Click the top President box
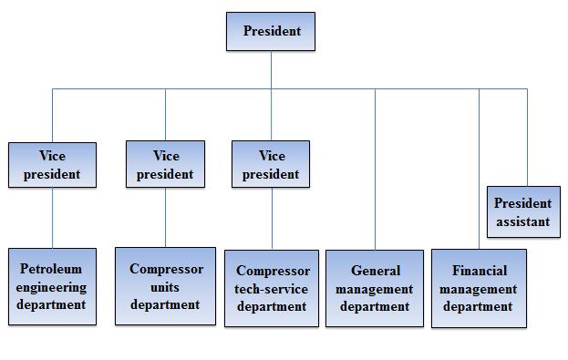coord(271,32)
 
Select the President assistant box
coord(523,211)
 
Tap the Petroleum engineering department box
coord(53,286)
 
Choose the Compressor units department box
coord(166,286)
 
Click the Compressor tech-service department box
coord(272,288)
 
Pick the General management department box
coord(375,288)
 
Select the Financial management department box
coord(479,288)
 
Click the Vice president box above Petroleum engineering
coord(53,165)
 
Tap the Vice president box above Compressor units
coord(166,164)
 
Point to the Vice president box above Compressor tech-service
coord(271,164)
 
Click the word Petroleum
coord(51,269)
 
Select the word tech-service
coord(271,289)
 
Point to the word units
coord(165,287)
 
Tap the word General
coord(376,271)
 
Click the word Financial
coord(480,271)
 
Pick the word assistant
coord(523,221)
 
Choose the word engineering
coord(51,288)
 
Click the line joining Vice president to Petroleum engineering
coord(53,218)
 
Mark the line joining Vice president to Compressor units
coord(166,217)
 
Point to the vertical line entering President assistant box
coord(527,138)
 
